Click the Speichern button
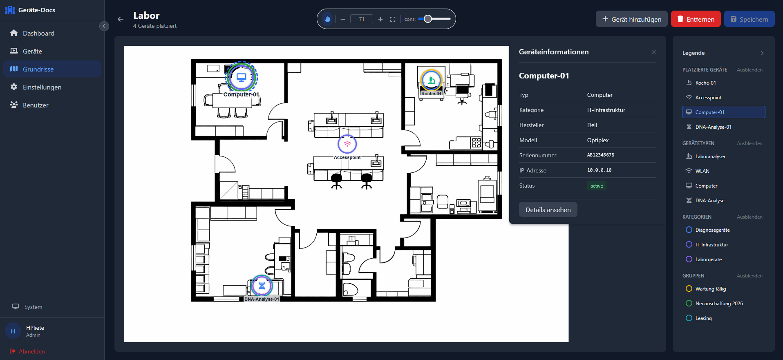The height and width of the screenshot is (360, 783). tap(749, 19)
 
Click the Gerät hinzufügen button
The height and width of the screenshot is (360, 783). tap(631, 19)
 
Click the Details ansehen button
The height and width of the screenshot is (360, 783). tap(548, 210)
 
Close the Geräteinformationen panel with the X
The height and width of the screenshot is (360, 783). tap(653, 52)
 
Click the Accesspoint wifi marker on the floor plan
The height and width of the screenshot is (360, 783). tap(347, 144)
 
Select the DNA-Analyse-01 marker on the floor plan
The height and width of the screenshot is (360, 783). tap(262, 286)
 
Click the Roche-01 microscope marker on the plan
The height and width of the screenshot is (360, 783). tap(431, 80)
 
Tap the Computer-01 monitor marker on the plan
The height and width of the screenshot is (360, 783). tap(242, 77)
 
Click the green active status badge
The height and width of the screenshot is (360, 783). tap(597, 186)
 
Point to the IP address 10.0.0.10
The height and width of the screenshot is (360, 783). tap(600, 170)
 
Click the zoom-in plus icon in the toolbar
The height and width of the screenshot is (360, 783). tap(380, 19)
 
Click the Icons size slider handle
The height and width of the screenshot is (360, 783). tap(428, 19)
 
